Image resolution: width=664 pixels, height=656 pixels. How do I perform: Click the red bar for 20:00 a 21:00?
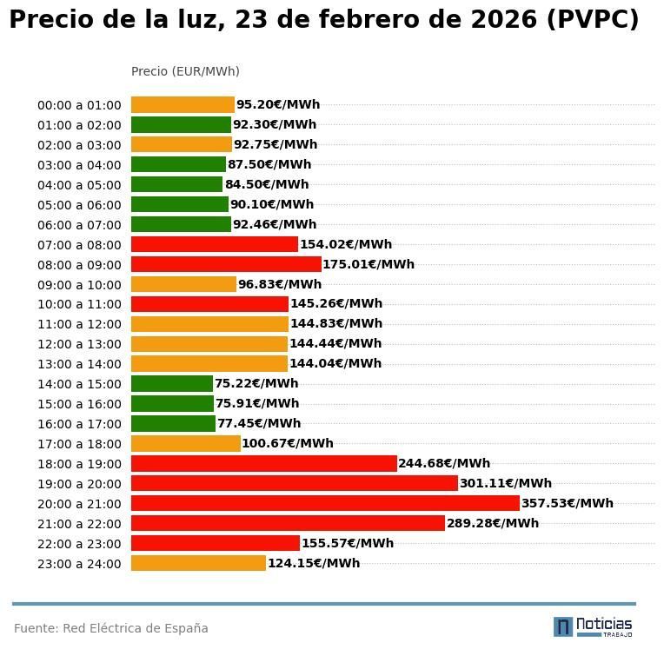325,503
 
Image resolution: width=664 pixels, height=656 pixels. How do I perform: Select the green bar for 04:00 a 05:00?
176,184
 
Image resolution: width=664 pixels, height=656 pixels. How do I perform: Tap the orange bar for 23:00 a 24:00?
198,563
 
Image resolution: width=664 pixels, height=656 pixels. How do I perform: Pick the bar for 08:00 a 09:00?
226,264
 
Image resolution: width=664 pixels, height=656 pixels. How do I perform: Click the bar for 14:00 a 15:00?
172,383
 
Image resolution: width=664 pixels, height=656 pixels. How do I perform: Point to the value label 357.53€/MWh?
567,503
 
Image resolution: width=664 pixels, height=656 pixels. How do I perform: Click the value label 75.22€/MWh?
256,383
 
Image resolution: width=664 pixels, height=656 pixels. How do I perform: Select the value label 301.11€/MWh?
506,483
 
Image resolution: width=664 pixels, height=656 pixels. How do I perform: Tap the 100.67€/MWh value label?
288,443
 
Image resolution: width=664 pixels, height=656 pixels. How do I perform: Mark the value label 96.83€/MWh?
280,284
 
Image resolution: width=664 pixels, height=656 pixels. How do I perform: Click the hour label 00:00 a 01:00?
79,105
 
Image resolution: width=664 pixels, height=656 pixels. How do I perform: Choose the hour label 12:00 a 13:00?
79,344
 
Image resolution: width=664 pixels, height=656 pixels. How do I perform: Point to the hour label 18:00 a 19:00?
79,464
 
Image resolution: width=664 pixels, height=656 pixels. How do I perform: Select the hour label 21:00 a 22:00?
79,524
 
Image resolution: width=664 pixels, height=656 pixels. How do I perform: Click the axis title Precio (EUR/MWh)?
185,71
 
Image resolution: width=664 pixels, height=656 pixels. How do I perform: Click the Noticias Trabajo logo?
593,626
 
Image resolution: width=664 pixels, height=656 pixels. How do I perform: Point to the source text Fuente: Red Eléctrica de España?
111,628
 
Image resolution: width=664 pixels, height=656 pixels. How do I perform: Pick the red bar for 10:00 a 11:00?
209,304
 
